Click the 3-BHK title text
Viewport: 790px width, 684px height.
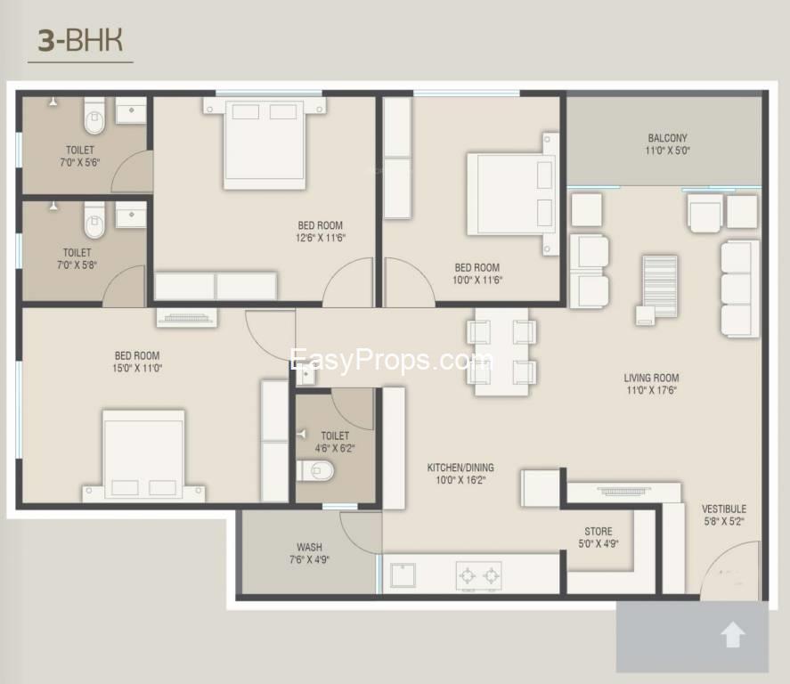tap(80, 41)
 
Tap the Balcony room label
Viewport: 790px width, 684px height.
tap(667, 138)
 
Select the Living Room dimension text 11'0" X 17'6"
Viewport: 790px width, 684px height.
tap(651, 390)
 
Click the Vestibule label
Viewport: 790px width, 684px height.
tap(724, 509)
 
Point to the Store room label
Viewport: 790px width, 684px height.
tap(598, 532)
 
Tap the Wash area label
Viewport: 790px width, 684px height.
tap(309, 547)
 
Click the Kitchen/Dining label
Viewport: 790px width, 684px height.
tap(460, 468)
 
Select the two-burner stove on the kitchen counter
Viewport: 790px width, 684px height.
tap(479, 575)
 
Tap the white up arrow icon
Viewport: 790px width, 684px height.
tap(732, 635)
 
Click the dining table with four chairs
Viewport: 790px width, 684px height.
tap(501, 351)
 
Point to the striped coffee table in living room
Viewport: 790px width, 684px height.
tap(660, 279)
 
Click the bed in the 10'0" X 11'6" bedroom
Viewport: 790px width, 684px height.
tap(509, 193)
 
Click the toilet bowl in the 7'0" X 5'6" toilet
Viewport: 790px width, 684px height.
tap(94, 116)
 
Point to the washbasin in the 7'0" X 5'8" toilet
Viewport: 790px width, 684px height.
tap(131, 216)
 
